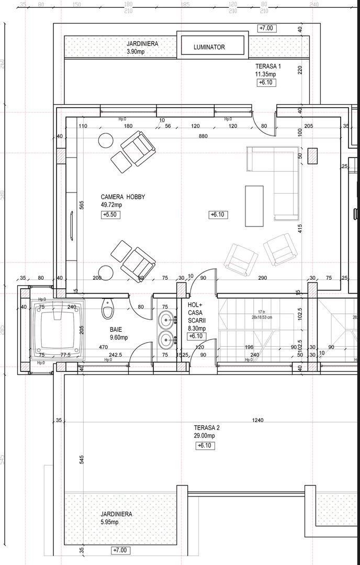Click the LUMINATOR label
click(x=209, y=47)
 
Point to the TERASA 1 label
click(x=268, y=66)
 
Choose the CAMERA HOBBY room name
click(x=122, y=197)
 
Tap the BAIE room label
click(x=116, y=330)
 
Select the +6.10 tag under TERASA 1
click(x=266, y=83)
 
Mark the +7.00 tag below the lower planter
click(x=121, y=551)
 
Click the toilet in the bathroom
click(x=108, y=309)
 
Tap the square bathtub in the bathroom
click(x=57, y=327)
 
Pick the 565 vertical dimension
click(x=82, y=205)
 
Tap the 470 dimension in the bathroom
click(x=104, y=347)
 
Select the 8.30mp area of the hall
click(x=197, y=329)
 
